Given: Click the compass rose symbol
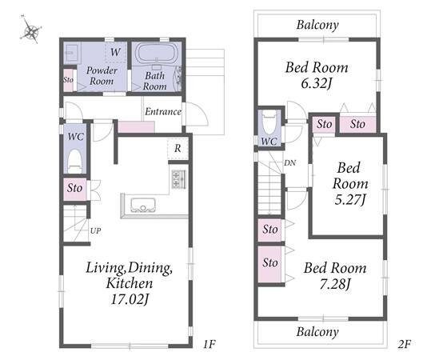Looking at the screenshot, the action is (x=30, y=30).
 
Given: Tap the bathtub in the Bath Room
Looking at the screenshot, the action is (x=157, y=53).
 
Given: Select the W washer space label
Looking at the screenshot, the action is (x=115, y=52).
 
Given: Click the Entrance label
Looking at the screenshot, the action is (x=163, y=111).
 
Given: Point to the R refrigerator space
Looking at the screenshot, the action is (x=178, y=149).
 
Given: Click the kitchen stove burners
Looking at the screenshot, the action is (x=178, y=179).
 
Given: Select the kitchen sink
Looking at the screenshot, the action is (x=142, y=205).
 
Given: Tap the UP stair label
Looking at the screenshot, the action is (x=95, y=230).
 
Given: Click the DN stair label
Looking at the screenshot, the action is (x=289, y=163).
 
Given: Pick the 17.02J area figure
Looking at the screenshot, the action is (x=130, y=299).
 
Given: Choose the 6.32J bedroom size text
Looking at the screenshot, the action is (x=317, y=83).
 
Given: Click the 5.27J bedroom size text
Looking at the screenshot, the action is (x=350, y=200).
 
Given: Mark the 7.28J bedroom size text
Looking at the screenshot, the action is (x=335, y=284).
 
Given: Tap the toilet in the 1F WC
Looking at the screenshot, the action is (x=75, y=161).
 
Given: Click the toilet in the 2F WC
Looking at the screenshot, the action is (x=269, y=122).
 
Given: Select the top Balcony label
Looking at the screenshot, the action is (x=317, y=25).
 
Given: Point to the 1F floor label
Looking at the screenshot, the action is (x=210, y=344).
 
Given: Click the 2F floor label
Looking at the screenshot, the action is (x=404, y=344).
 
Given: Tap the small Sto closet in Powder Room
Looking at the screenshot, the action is (x=69, y=80).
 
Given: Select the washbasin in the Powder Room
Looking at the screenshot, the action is (x=72, y=52).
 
